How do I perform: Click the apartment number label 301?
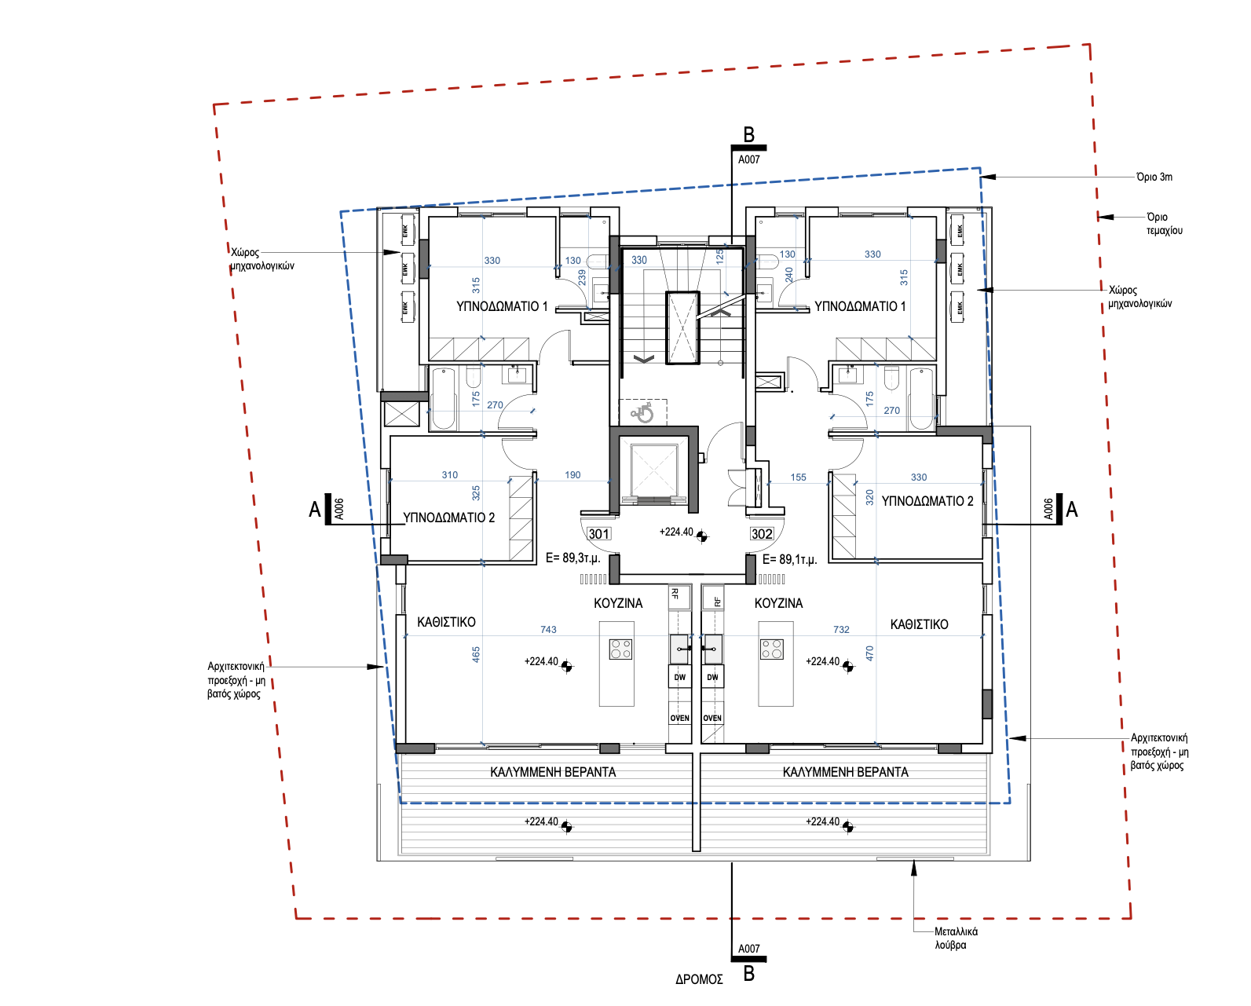(x=598, y=534)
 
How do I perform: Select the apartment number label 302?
(x=762, y=534)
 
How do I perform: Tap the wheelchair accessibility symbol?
(x=642, y=413)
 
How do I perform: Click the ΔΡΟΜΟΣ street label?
(x=699, y=979)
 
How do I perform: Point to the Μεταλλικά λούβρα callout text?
(x=956, y=938)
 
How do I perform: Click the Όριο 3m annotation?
(x=1154, y=177)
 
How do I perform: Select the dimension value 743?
(x=548, y=629)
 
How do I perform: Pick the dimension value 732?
(x=841, y=629)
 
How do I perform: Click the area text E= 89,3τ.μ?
(x=572, y=558)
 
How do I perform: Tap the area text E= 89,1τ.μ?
(x=789, y=559)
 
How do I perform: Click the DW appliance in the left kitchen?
(x=679, y=677)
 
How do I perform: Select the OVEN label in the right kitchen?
(x=712, y=718)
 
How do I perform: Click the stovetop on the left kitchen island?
(x=620, y=649)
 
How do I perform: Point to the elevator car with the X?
(x=654, y=470)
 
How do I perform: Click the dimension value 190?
(x=572, y=475)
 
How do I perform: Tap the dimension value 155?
(x=798, y=477)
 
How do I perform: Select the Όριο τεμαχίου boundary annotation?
(x=1164, y=224)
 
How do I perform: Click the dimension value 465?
(x=476, y=655)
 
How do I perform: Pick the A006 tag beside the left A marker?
(x=339, y=509)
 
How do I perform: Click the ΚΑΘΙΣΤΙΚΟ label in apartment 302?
(x=919, y=624)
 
